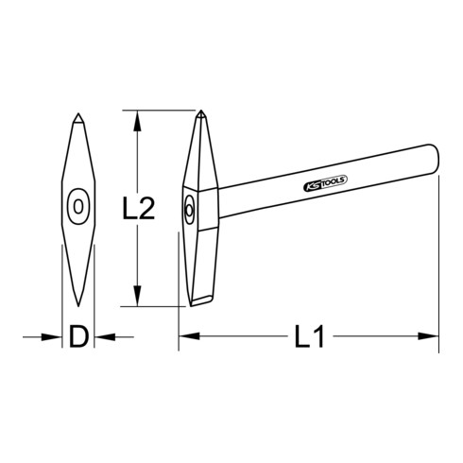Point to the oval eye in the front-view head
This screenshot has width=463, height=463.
pyautogui.click(x=77, y=206)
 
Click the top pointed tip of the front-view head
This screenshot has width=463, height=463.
pyautogui.click(x=77, y=116)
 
